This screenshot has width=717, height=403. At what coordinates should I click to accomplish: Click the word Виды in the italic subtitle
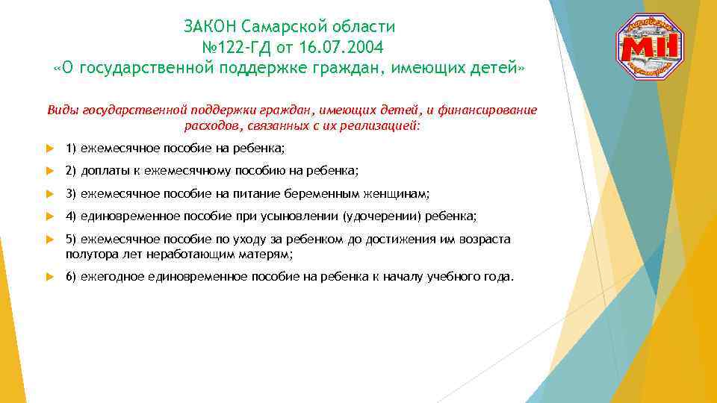click(x=61, y=110)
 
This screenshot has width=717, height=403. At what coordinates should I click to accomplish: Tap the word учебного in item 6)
click(x=455, y=277)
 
